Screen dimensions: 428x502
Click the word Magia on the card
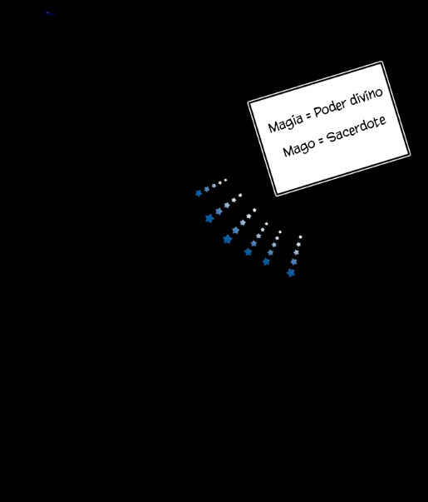[285, 122]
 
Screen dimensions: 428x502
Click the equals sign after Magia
[308, 115]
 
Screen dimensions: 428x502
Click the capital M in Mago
[288, 151]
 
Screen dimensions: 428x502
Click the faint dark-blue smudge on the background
[51, 13]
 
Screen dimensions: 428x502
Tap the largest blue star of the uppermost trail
[199, 193]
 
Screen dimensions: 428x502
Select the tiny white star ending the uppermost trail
[226, 180]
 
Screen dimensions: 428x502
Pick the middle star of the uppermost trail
[214, 186]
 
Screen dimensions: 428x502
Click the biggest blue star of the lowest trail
[291, 273]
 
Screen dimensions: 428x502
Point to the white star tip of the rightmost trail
[301, 237]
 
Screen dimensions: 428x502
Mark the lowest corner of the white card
[276, 196]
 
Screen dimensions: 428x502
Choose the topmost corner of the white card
[381, 62]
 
